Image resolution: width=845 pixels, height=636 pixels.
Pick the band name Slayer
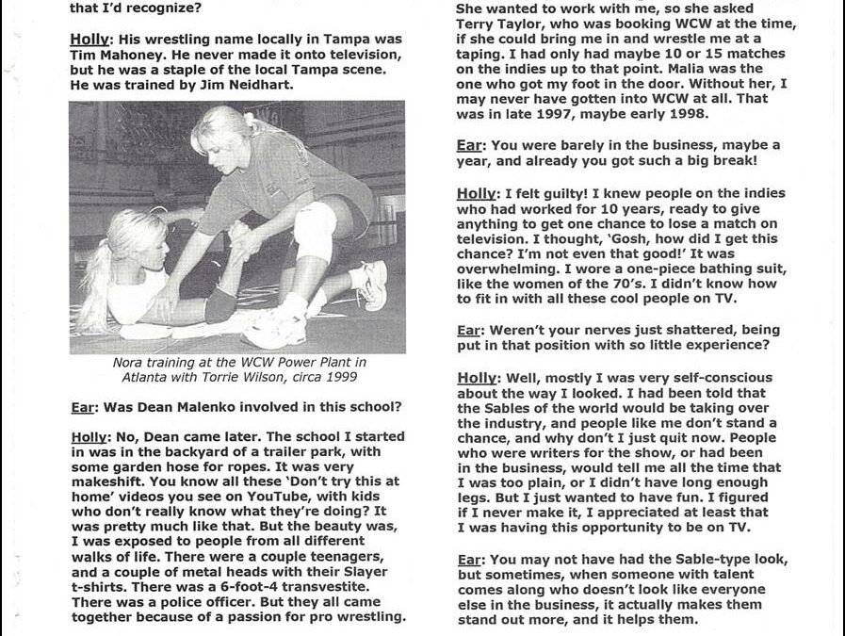tap(378, 572)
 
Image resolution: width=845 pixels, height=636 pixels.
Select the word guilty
tap(575, 194)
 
